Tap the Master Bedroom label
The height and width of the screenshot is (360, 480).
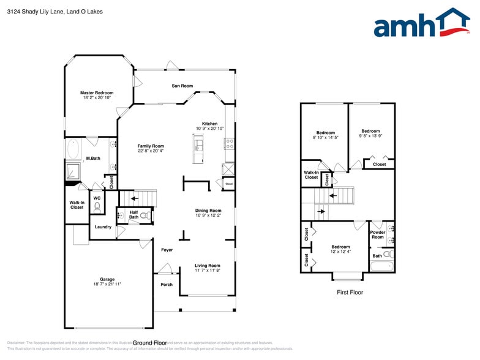point(97,93)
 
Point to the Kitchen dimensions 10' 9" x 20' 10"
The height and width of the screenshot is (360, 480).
point(210,129)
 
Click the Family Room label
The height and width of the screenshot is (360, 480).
point(151,146)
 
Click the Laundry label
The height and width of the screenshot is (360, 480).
point(103,227)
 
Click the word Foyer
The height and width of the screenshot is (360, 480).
point(167,250)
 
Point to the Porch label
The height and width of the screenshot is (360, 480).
point(166,285)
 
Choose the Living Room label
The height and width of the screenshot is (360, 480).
point(208,266)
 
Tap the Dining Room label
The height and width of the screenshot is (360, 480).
point(208,210)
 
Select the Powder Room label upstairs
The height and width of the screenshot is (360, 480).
point(378,234)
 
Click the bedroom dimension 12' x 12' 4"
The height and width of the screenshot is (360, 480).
point(341,252)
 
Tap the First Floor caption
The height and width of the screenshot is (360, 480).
point(350,293)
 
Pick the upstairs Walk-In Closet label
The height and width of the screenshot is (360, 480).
point(311,175)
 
